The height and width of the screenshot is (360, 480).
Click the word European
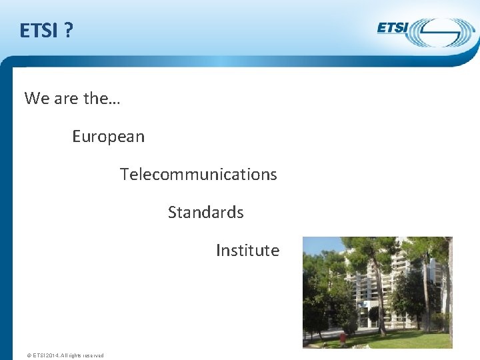click(x=108, y=137)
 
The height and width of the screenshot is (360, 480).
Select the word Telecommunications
click(x=198, y=175)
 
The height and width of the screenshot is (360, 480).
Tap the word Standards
click(x=205, y=213)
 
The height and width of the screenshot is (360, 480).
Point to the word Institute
click(x=247, y=251)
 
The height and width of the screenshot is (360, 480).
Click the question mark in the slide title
click(x=69, y=31)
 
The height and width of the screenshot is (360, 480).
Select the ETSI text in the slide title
click(x=39, y=31)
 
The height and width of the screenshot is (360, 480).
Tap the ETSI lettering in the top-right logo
click(x=393, y=28)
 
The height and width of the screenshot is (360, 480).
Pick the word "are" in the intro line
click(x=66, y=99)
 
